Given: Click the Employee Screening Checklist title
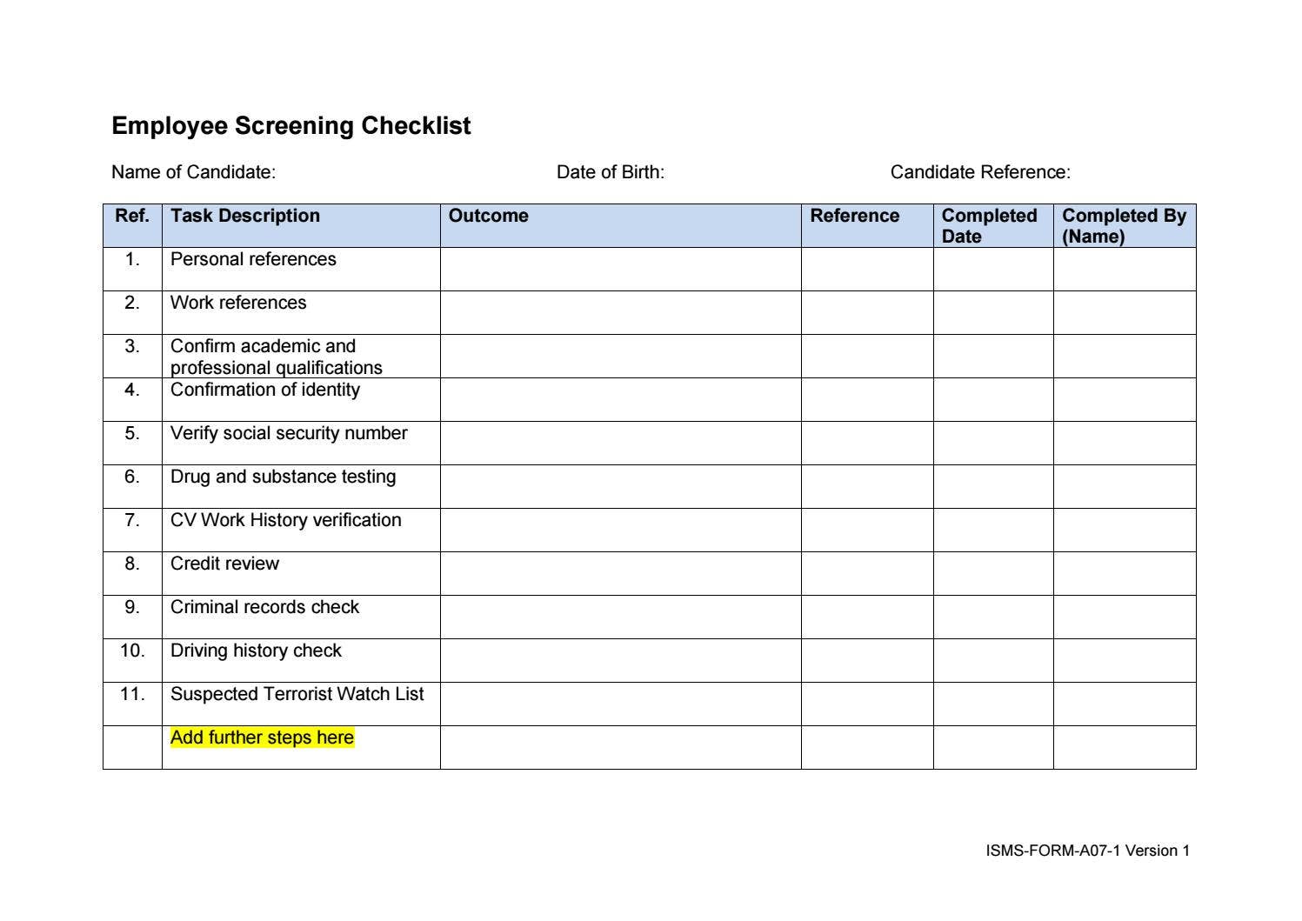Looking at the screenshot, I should point(290,126).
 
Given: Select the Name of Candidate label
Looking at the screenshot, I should point(193,172).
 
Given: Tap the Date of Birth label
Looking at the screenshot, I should point(610,172).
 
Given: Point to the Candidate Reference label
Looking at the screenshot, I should point(980,172).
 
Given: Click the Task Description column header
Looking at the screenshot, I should point(245,216).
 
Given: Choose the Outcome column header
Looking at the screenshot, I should point(488,216).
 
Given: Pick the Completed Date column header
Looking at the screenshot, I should point(989,225).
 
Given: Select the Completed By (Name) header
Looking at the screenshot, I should point(1124,225).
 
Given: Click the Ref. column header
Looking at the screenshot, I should point(132,216).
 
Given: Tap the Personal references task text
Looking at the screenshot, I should point(253,259).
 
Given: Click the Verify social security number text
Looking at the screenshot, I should point(289,433).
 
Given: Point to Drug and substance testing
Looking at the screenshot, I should point(283,477).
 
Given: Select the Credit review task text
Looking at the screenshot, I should point(224,564).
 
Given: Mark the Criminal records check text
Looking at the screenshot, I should point(264,607).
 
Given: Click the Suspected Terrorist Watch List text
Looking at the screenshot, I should point(297,694).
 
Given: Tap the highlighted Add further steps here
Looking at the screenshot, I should point(262,737).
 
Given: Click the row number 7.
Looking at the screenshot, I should point(132,520).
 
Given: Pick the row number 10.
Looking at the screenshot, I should point(132,651).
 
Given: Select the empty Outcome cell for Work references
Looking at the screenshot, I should point(620,312).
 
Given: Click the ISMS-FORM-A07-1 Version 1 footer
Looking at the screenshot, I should point(1087,851).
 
